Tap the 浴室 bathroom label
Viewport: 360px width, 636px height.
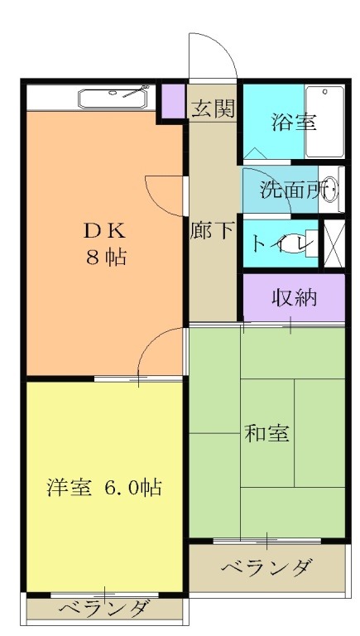tap(294, 122)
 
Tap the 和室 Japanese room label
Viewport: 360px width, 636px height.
tap(266, 432)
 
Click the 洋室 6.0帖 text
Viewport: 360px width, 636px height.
tap(103, 487)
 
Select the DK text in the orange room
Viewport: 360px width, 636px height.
tap(103, 229)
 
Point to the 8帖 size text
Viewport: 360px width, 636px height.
tap(104, 257)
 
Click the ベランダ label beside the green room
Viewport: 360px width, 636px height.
tap(267, 569)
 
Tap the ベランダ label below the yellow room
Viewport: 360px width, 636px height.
tap(104, 609)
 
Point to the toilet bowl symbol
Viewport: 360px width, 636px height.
tap(306, 243)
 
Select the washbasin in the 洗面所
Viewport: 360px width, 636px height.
tap(332, 190)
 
